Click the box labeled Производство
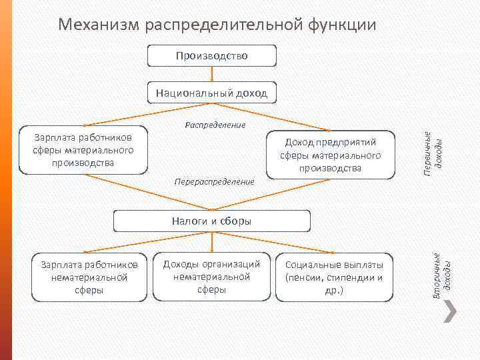212,56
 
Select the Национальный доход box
212,93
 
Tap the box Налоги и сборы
212,221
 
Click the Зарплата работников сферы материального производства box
83,150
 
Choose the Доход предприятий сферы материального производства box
330,155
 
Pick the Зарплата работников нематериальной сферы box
90,277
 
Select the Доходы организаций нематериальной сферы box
212,277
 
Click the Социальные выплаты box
334,277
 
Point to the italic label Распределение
215,125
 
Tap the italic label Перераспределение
214,181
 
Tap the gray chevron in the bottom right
451,311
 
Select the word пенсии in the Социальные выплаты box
305,278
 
